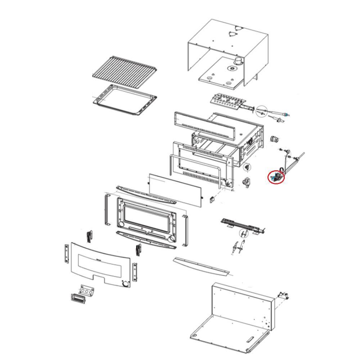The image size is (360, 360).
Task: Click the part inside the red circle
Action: [x=276, y=177]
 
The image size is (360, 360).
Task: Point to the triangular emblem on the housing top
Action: [x=233, y=33]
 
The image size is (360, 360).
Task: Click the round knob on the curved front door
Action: [x=125, y=284]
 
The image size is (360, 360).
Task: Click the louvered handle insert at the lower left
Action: [x=77, y=298]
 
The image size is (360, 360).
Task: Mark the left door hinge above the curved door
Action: [x=89, y=236]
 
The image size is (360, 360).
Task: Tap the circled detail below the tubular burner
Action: [x=244, y=234]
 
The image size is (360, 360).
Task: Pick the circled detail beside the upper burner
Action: [x=262, y=111]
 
